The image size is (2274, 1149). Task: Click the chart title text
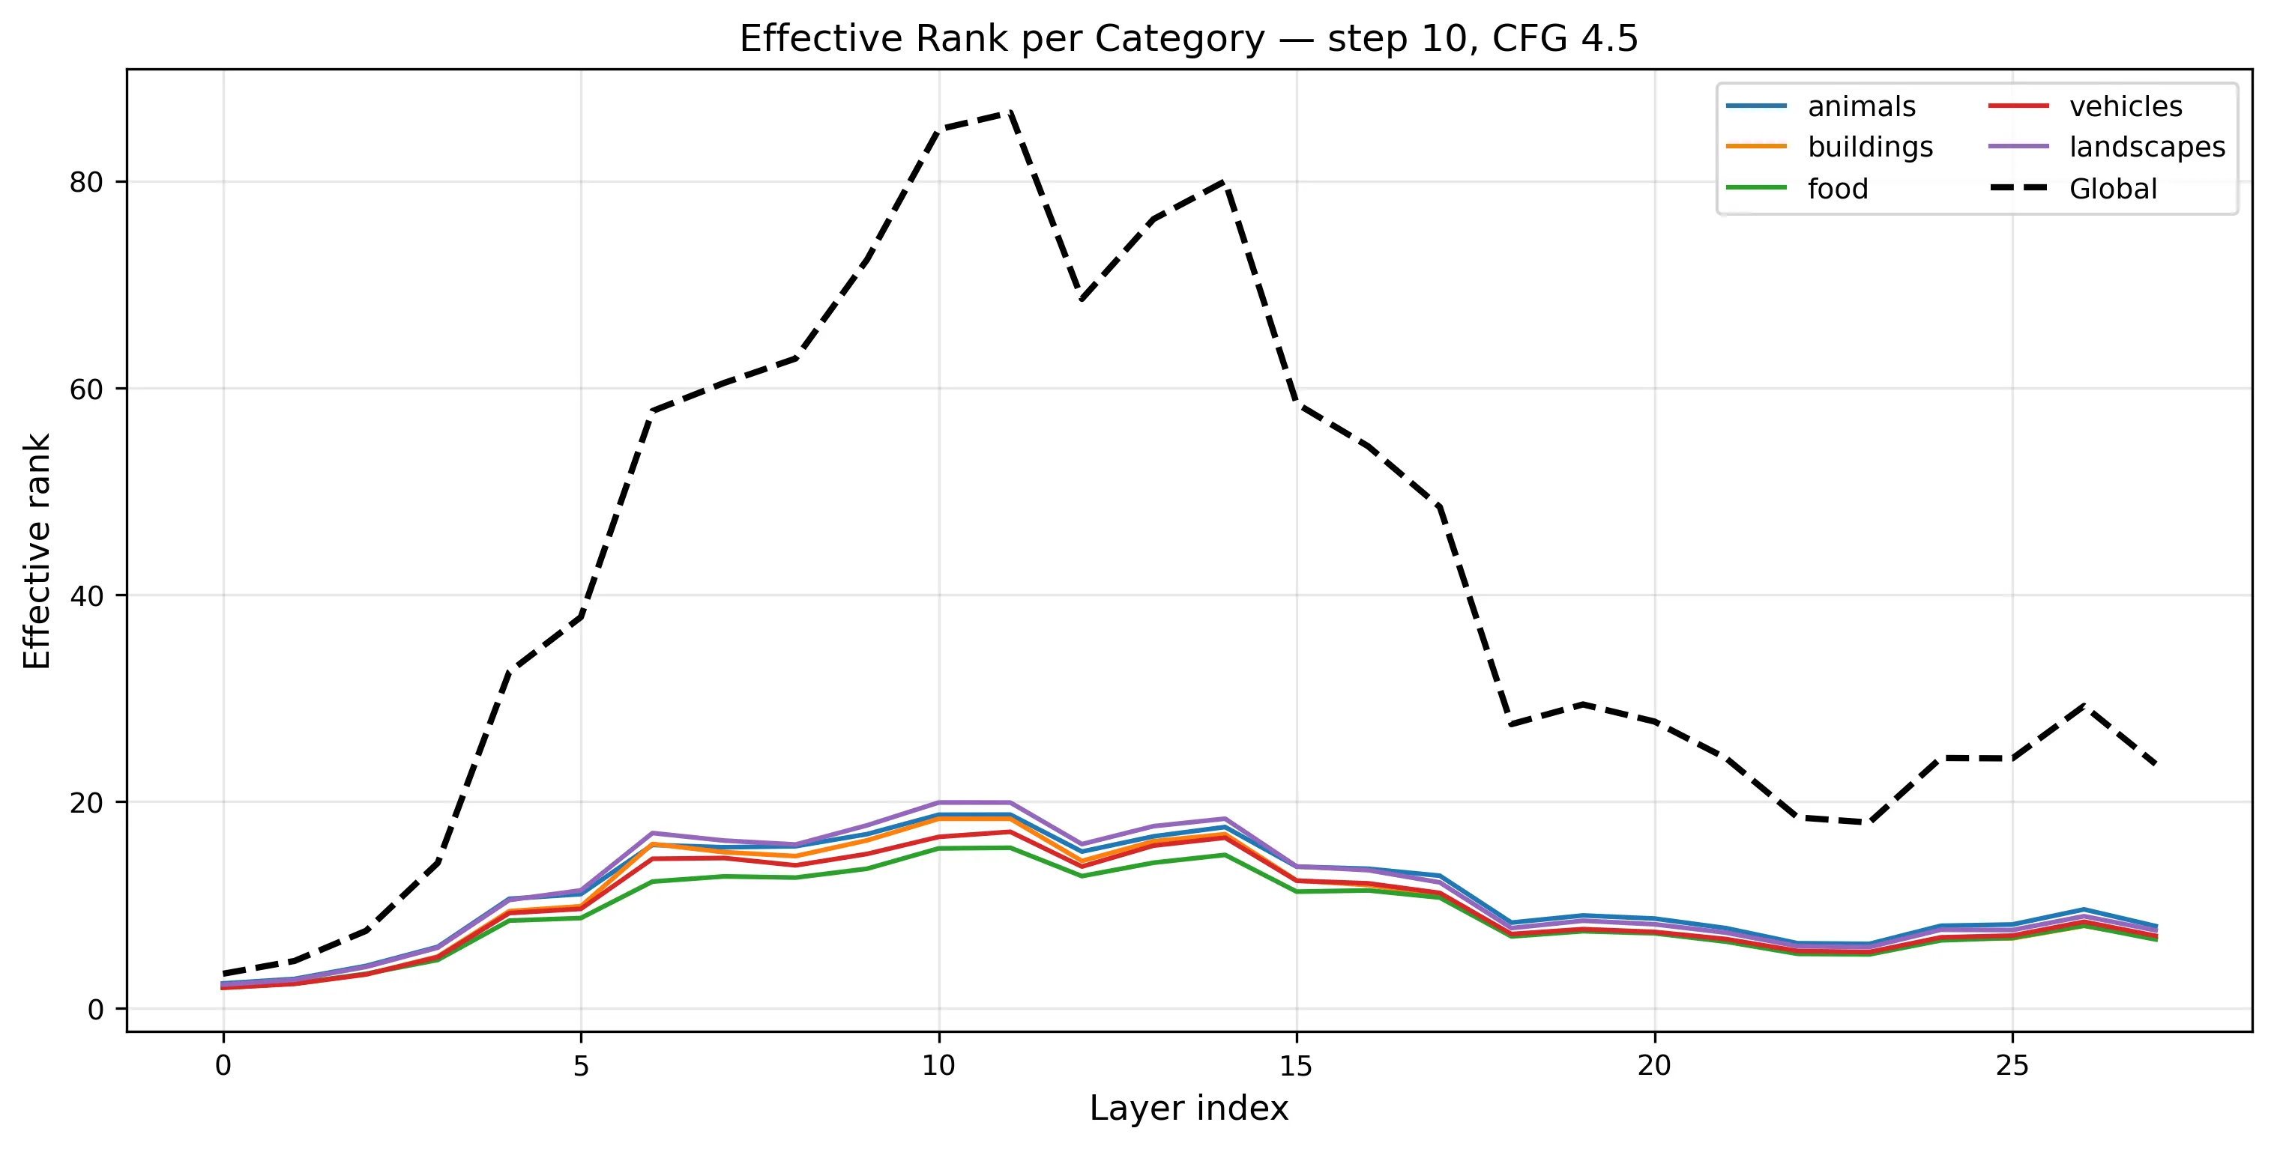click(x=1188, y=39)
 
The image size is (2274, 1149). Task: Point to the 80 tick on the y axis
click(x=85, y=183)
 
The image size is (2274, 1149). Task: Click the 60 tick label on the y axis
click(x=85, y=389)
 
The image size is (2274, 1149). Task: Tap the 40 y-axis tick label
click(x=85, y=595)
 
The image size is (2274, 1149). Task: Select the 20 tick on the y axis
click(x=85, y=802)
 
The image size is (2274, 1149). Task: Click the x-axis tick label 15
click(x=1296, y=1066)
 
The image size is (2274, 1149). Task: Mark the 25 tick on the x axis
click(x=2012, y=1066)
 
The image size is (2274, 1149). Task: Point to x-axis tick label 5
click(x=581, y=1066)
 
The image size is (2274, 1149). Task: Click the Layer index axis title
click(x=1188, y=1109)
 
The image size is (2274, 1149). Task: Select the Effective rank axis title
click(x=37, y=551)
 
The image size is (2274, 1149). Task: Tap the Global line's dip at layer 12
click(x=1082, y=299)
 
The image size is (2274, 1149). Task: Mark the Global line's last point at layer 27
click(x=2155, y=763)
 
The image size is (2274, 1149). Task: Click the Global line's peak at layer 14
click(x=1225, y=182)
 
